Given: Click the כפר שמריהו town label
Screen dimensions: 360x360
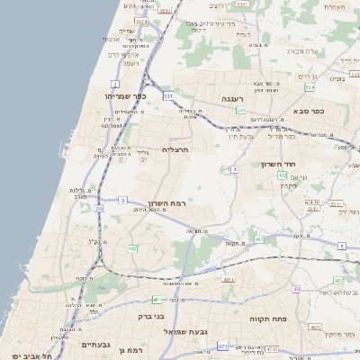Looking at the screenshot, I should (124, 96).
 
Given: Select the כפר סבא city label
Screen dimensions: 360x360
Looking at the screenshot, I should (309, 111).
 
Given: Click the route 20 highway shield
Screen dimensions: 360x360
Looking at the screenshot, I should (98, 208).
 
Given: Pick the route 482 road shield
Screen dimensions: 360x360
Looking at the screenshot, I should (132, 248).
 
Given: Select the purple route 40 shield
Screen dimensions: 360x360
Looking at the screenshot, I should (296, 289).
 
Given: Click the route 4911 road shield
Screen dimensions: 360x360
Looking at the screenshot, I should (228, 280).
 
